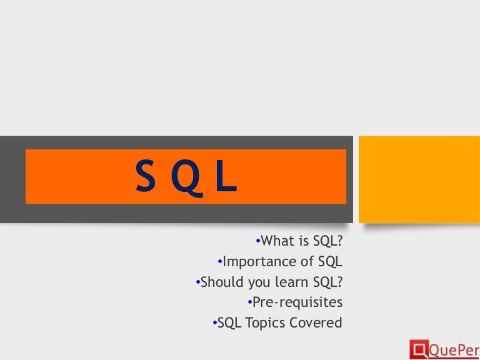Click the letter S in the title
click(x=145, y=177)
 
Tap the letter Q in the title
click(x=186, y=177)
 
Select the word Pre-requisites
click(x=297, y=302)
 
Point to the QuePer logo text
click(x=452, y=347)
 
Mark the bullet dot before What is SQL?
click(x=258, y=241)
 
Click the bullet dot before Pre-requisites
click(x=249, y=302)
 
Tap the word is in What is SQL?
click(x=304, y=241)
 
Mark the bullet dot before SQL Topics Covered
click(x=214, y=322)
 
